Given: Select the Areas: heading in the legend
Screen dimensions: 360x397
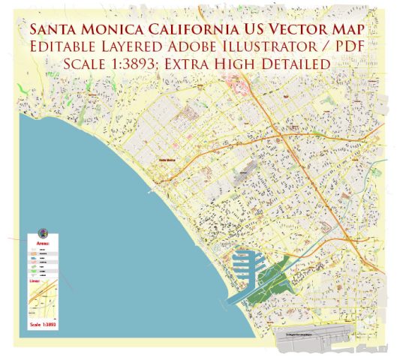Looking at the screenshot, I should point(43,244).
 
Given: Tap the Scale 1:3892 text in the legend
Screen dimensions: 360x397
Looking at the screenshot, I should point(43,324).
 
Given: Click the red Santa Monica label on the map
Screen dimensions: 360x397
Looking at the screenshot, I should point(167,160).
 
